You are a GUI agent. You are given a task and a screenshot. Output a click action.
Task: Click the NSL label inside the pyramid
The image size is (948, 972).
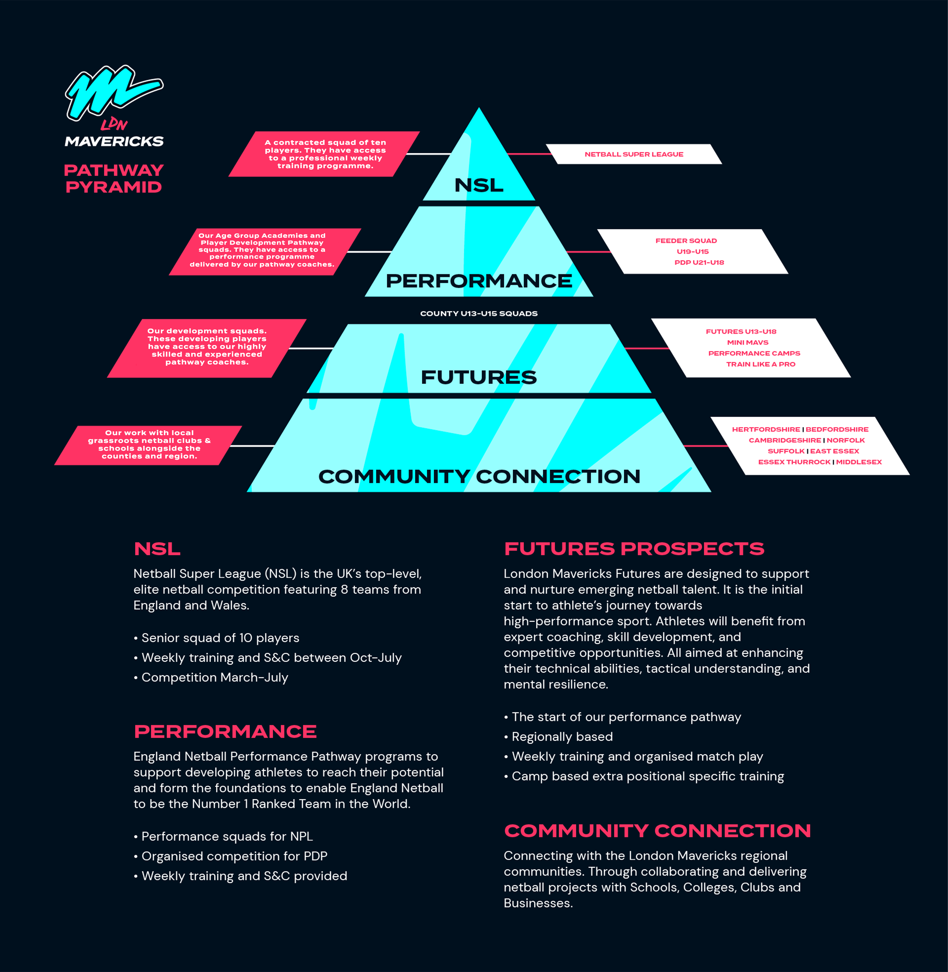[478, 185]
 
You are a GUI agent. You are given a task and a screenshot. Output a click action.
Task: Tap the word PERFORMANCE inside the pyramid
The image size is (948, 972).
[478, 281]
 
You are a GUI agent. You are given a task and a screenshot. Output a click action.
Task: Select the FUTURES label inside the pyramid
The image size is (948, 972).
[478, 377]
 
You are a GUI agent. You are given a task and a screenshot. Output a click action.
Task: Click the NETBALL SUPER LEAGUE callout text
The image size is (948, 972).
[634, 155]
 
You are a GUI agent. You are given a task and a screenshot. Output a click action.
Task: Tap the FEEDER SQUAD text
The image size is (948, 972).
[686, 241]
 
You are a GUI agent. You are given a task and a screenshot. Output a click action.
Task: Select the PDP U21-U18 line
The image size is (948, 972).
[699, 262]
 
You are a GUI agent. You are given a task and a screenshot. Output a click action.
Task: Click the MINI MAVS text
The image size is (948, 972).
[747, 342]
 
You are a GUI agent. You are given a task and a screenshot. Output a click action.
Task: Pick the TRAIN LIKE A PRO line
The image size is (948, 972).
[760, 364]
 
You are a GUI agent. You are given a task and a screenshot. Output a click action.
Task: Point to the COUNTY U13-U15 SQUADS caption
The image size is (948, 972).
[478, 313]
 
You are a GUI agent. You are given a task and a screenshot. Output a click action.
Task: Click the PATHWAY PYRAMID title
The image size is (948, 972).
[114, 178]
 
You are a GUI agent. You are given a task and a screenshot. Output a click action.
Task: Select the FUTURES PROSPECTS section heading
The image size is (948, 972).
[634, 549]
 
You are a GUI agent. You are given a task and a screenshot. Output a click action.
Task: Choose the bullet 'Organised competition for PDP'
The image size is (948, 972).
[234, 856]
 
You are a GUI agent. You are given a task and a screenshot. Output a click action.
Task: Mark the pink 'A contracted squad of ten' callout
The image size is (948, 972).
[325, 154]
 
